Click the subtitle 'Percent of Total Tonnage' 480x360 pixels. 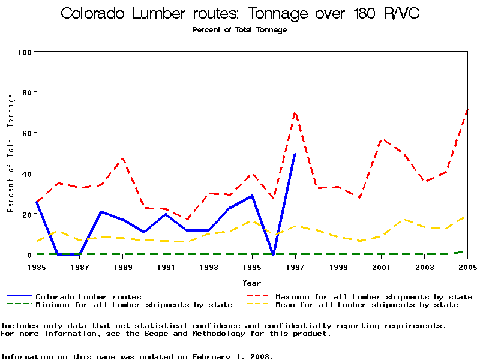(x=239, y=30)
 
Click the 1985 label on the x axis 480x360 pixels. (x=37, y=266)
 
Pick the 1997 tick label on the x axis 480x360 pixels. (x=295, y=266)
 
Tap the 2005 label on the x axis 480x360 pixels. (x=467, y=266)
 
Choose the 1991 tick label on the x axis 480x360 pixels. (x=166, y=266)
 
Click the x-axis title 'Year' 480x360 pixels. (x=251, y=283)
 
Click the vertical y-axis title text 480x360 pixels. (x=10, y=152)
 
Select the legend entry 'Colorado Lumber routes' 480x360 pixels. (x=88, y=296)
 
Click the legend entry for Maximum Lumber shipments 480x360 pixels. (x=373, y=296)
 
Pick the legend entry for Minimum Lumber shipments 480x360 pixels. (x=133, y=305)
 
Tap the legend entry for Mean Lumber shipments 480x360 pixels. (x=366, y=305)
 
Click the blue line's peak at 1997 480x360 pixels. (x=295, y=154)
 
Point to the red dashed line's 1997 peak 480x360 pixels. (x=295, y=112)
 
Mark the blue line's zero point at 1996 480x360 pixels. (x=274, y=254)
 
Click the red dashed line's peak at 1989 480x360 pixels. (x=123, y=158)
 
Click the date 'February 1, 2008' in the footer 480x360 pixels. (x=232, y=356)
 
